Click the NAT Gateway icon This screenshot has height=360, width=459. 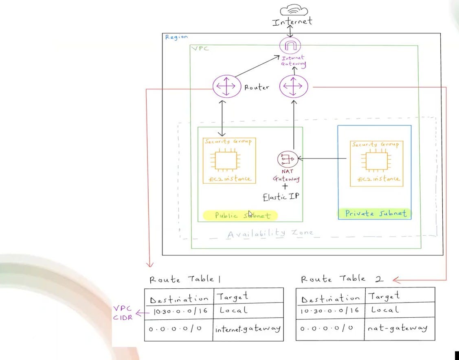click(x=288, y=158)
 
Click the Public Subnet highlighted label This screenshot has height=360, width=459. click(x=240, y=215)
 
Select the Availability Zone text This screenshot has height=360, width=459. click(x=270, y=234)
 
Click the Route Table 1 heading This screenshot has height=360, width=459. click(x=185, y=279)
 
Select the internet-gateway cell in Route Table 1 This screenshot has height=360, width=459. click(x=248, y=328)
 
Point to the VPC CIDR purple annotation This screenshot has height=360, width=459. click(x=123, y=313)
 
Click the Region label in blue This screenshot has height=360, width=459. click(x=176, y=37)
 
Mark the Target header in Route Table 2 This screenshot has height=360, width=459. click(x=384, y=296)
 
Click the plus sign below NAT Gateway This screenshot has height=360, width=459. click(x=285, y=186)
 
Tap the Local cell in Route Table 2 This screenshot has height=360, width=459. click(x=384, y=310)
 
